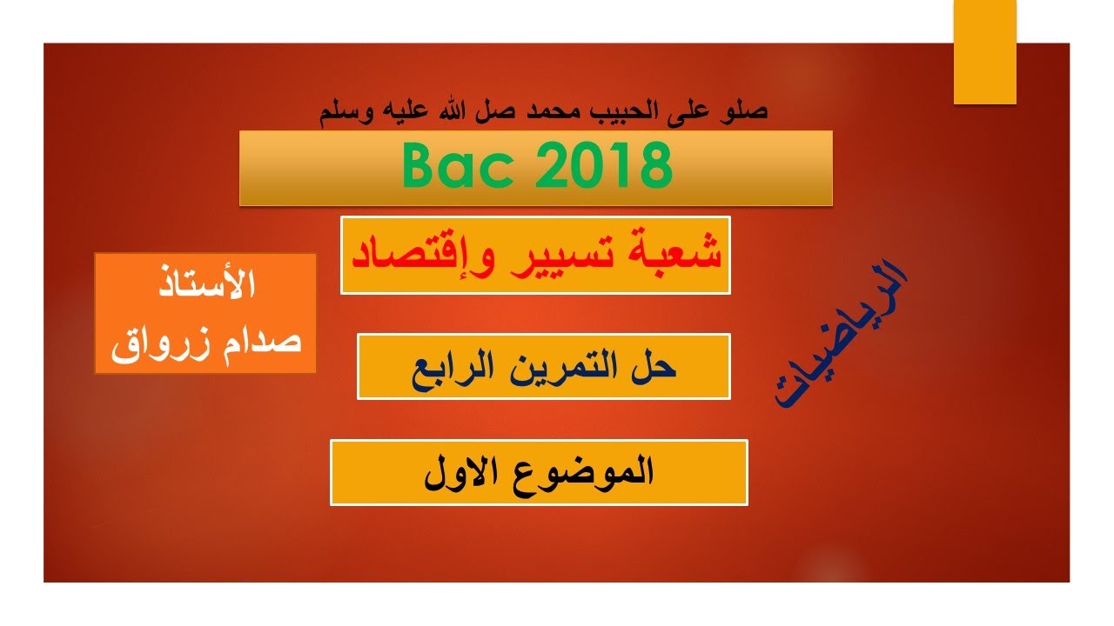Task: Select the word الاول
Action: pyautogui.click(x=458, y=471)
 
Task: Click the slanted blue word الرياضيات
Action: pyautogui.click(x=840, y=335)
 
